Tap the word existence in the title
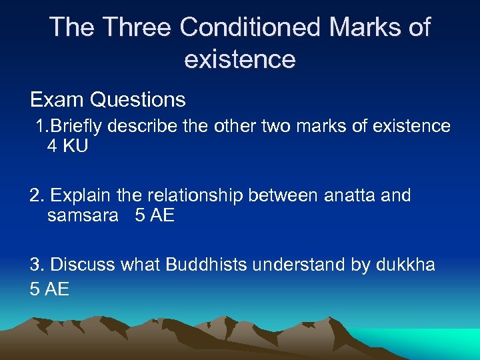tap(239, 59)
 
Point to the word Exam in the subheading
tap(57, 100)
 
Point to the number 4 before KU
tap(53, 146)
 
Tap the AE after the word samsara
tap(161, 215)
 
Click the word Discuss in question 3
tap(83, 265)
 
